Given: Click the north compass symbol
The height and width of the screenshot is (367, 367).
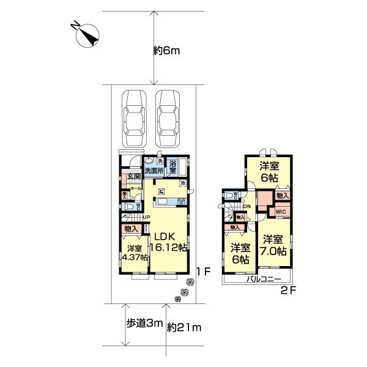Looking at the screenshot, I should pos(86,34).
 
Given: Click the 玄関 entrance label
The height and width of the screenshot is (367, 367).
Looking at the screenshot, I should pos(134,177).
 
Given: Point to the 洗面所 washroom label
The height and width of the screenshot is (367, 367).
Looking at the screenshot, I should pos(154,171).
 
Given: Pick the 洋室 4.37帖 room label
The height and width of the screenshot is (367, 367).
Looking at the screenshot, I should pos(136,253).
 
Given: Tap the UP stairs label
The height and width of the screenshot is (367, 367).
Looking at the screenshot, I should pos(146,217).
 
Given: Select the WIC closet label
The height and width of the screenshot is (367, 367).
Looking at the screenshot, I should pos(281,212).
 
